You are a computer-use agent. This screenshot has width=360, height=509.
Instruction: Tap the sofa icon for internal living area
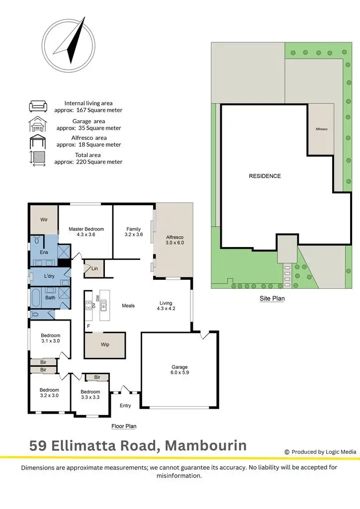pyautogui.click(x=38, y=106)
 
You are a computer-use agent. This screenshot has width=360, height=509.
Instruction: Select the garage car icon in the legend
pyautogui.click(x=38, y=124)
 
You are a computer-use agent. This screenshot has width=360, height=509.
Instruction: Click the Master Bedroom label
pyautogui.click(x=86, y=232)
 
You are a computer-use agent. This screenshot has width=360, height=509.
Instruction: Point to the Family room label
pyautogui.click(x=133, y=232)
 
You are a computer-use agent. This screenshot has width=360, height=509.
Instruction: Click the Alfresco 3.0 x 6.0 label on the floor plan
pyautogui.click(x=175, y=240)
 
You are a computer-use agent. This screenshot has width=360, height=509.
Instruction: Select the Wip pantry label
pyautogui.click(x=105, y=344)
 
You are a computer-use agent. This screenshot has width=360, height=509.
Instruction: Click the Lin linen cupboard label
pyautogui.click(x=94, y=269)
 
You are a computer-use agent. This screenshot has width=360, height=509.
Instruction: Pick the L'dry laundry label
pyautogui.click(x=49, y=276)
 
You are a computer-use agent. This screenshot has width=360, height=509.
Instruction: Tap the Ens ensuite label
pyautogui.click(x=44, y=253)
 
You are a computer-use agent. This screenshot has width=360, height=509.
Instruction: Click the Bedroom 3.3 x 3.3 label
pyautogui.click(x=90, y=395)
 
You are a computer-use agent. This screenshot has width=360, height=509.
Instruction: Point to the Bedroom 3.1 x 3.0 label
pyautogui.click(x=50, y=338)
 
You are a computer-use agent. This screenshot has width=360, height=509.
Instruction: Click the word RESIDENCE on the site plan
pyautogui.click(x=265, y=176)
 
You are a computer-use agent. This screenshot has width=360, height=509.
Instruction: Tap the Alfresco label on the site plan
pyautogui.click(x=321, y=129)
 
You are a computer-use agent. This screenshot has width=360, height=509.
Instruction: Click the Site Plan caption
pyautogui.click(x=271, y=299)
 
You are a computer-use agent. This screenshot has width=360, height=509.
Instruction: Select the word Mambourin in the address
pyautogui.click(x=205, y=445)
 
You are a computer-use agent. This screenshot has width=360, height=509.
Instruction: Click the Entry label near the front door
pyautogui.click(x=125, y=406)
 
